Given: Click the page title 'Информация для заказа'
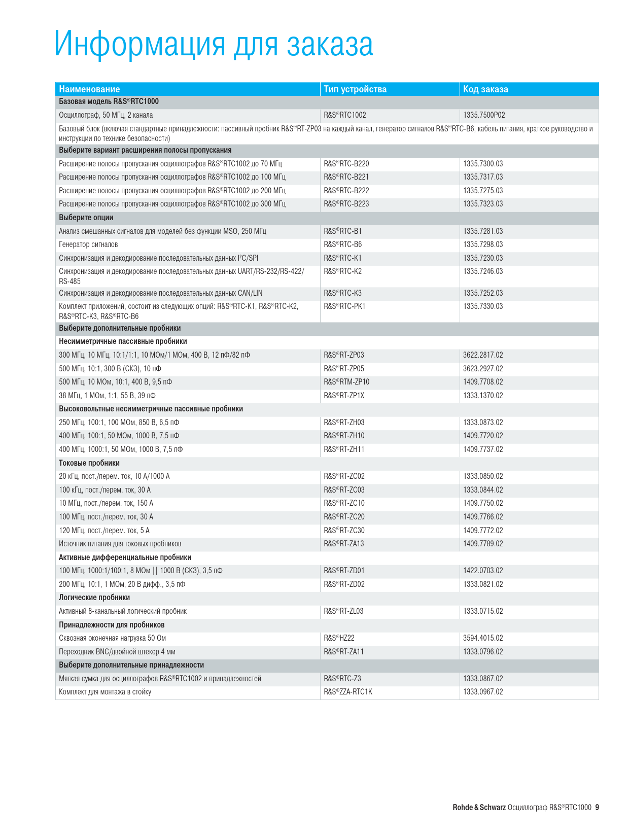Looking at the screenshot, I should coord(214,45).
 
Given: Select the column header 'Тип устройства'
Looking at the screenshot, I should coord(355,89).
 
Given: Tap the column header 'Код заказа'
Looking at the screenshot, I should coord(485,89).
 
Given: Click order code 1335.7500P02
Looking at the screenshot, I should coord(484,115).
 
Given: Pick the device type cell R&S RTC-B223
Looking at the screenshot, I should coord(346,204).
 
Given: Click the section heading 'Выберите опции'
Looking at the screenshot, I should coord(86,218).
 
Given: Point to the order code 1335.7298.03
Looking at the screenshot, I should coord(483,244).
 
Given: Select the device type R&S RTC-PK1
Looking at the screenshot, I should coord(344,306).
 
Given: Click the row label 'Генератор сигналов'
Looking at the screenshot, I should coord(88,244).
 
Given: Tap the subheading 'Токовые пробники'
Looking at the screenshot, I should coord(89,463).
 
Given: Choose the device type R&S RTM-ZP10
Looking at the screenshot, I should coord(346,382).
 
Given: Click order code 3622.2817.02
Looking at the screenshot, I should coord(483,355).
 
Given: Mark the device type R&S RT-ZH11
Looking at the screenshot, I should coord(344,449).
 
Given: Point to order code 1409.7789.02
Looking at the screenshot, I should coord(483,544).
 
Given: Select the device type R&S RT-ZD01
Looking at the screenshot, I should coord(344,571).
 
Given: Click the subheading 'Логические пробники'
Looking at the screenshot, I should coord(94,598).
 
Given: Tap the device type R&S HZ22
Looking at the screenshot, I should coord(339,638).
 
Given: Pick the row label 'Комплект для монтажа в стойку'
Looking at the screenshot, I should coord(105,692).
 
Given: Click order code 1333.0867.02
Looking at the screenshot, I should coord(483,679).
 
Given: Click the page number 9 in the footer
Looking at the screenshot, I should coord(597,808).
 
